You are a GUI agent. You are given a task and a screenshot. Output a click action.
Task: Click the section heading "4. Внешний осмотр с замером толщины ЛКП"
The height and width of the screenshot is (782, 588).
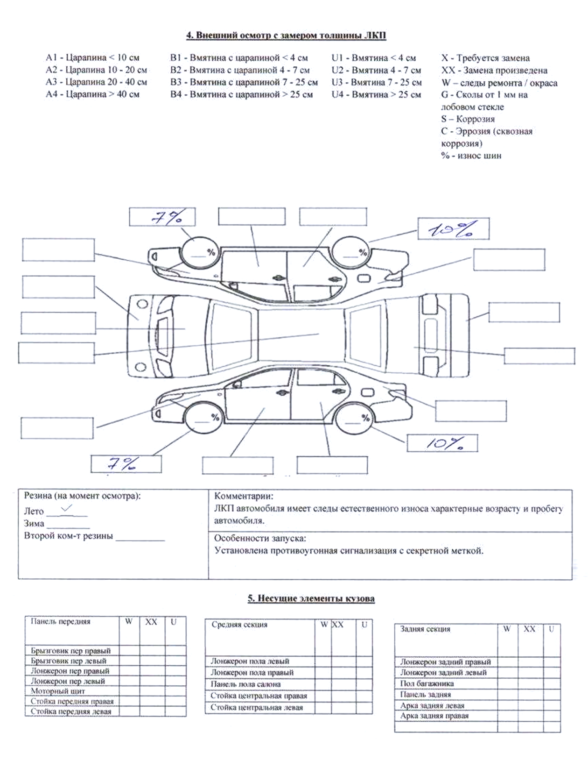coord(286,36)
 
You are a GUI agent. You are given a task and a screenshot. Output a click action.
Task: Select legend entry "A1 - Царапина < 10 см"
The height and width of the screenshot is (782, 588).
coord(92,58)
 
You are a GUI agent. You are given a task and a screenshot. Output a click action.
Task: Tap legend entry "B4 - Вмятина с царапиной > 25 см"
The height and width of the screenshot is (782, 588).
coord(241,94)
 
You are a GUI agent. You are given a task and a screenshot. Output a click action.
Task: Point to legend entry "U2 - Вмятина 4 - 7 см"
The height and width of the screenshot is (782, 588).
coord(376,70)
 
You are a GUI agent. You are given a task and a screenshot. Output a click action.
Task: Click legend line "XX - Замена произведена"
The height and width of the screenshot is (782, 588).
coord(494,71)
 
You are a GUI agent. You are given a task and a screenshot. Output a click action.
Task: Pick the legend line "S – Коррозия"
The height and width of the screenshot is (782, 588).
coord(468,119)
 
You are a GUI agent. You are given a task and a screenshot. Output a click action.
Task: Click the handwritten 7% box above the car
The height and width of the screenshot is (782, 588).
coord(162,217)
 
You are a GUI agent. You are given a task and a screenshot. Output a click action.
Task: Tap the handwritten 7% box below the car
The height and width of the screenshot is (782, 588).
coord(126,464)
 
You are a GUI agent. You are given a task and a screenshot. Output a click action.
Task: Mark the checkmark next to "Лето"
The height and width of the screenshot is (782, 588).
coord(67,508)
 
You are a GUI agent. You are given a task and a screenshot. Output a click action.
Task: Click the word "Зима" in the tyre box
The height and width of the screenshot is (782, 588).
coord(34,524)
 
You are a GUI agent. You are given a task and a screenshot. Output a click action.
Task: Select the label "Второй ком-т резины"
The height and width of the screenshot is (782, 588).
coord(69,536)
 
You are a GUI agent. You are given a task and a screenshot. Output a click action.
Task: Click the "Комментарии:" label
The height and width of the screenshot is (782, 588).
coord(244,496)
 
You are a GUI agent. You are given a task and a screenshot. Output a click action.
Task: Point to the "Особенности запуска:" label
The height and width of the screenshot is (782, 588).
coord(260,538)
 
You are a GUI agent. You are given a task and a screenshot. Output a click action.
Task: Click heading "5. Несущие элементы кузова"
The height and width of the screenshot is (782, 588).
coord(311,598)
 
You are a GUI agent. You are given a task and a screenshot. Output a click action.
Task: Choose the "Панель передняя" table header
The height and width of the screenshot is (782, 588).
coord(60,621)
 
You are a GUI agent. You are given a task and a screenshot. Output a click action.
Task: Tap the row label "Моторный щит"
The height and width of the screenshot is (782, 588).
coord(58,691)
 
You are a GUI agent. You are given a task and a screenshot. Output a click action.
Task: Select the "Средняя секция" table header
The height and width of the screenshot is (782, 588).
coord(239,625)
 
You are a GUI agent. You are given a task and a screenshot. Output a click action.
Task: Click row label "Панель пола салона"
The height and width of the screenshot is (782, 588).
coord(245,684)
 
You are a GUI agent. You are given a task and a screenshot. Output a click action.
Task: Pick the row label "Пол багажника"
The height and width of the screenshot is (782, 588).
coord(427,683)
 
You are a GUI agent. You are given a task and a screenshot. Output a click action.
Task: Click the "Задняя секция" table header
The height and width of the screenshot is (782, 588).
coord(425,629)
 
